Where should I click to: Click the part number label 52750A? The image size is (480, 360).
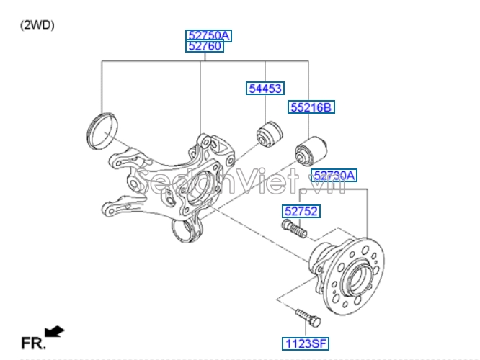208,36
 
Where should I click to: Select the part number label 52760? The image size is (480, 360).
205,47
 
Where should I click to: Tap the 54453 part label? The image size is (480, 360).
265,89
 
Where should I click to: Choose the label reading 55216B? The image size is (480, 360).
311,107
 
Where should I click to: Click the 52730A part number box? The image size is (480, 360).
334,175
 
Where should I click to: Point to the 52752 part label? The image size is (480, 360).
301,212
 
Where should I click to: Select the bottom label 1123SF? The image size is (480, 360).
306,343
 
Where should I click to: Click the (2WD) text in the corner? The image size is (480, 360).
37,25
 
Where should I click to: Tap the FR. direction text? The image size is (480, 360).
33,343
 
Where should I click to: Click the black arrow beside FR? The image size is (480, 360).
55,331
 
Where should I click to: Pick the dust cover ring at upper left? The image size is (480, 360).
102,131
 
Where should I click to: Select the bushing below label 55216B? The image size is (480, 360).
311,152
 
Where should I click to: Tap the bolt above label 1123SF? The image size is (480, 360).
308,318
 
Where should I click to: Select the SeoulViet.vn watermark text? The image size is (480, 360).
240,181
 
